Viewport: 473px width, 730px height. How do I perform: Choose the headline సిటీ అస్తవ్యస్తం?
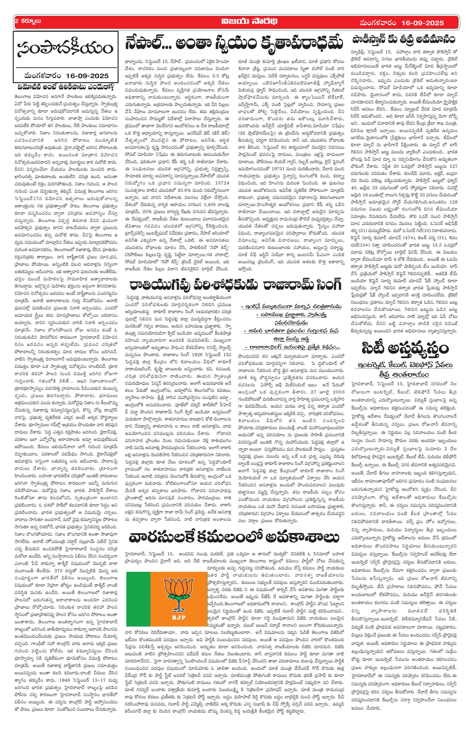pyautogui.click(x=405, y=349)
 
